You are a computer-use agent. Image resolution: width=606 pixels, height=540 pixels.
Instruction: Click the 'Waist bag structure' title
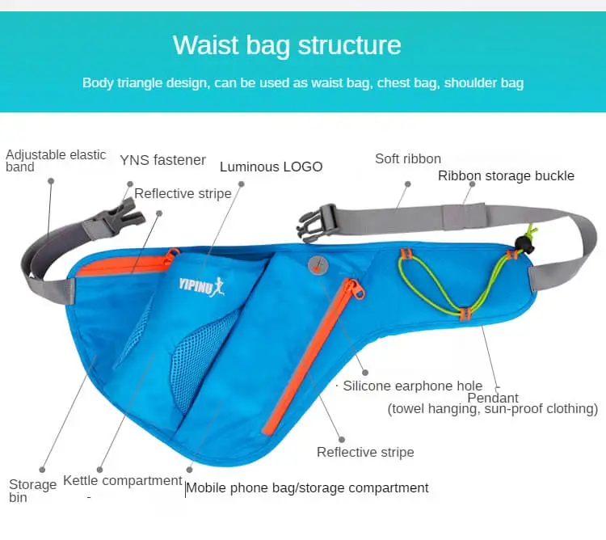tap(287, 44)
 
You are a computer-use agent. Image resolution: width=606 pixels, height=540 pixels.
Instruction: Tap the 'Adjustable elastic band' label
tap(56, 160)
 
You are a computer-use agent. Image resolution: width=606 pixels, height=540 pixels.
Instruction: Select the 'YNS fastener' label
tap(162, 160)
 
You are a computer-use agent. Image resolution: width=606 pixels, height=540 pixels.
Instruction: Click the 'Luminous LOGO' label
tap(271, 167)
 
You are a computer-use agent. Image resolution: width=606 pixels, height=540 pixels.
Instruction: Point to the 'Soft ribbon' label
tap(407, 158)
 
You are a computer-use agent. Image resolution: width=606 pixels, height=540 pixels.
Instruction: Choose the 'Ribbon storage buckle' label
tap(506, 175)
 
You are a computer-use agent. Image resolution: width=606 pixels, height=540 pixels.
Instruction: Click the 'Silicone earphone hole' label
tap(412, 386)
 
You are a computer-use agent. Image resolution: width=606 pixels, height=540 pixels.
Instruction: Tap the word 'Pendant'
tap(493, 397)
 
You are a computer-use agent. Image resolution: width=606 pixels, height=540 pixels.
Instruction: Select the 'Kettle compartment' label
tap(123, 480)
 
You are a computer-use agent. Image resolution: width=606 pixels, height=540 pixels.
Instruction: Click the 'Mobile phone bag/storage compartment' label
tap(308, 487)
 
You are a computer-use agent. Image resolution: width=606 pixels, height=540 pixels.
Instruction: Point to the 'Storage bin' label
tap(32, 490)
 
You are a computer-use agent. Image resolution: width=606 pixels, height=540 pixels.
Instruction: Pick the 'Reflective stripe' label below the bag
tap(365, 452)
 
